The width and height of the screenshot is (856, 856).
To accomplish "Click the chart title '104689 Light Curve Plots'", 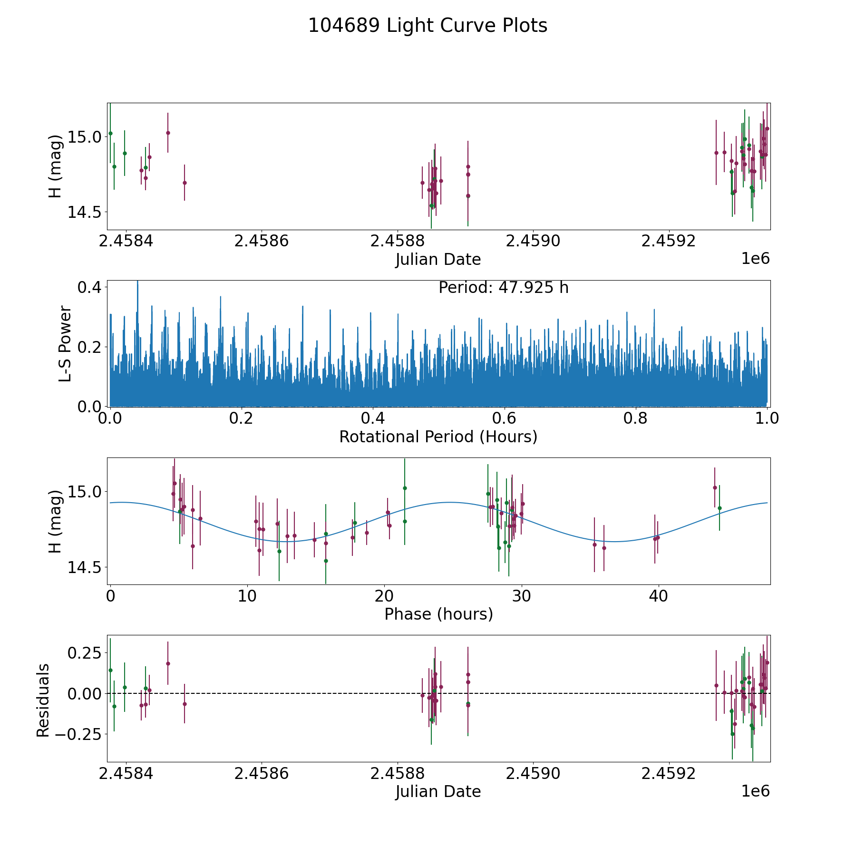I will pos(428,26).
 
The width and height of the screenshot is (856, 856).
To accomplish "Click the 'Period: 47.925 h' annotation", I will pos(503,288).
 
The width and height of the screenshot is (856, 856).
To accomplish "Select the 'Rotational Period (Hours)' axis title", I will pos(438,437).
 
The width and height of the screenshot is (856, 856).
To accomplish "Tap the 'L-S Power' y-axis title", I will pos(65,344).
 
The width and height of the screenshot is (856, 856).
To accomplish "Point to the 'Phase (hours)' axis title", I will pos(438,614).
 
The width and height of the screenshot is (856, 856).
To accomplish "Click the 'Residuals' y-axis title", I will pos(43,700).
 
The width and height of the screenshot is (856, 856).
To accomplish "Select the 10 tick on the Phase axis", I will pos(247,596).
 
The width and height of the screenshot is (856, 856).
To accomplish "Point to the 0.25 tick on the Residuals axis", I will pos(85,652).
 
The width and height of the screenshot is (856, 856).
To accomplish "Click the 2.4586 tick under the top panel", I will pos(262,241).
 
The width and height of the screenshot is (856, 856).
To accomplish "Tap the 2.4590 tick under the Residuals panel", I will pos(533,773).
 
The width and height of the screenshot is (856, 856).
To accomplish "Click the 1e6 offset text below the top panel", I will pos(755,259).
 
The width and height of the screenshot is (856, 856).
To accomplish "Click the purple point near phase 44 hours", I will pos(714,487).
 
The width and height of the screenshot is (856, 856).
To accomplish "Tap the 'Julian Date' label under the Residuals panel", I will pos(438,791).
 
